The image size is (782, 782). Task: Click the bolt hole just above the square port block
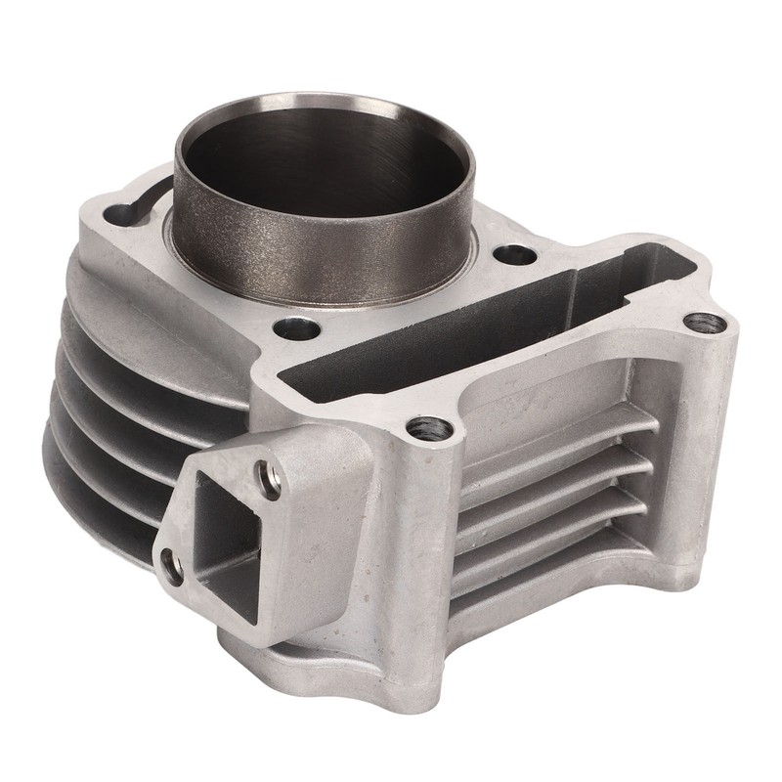click(x=426, y=427)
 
